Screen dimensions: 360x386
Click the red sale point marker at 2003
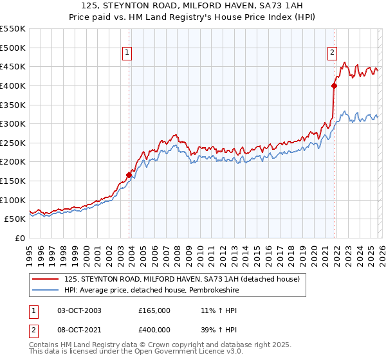click(129, 174)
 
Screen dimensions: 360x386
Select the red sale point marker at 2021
click(335, 85)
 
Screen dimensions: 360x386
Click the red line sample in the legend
click(46, 279)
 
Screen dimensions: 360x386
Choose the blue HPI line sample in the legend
click(46, 289)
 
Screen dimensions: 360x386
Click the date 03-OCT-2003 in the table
click(79, 310)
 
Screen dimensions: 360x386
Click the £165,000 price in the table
click(154, 310)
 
